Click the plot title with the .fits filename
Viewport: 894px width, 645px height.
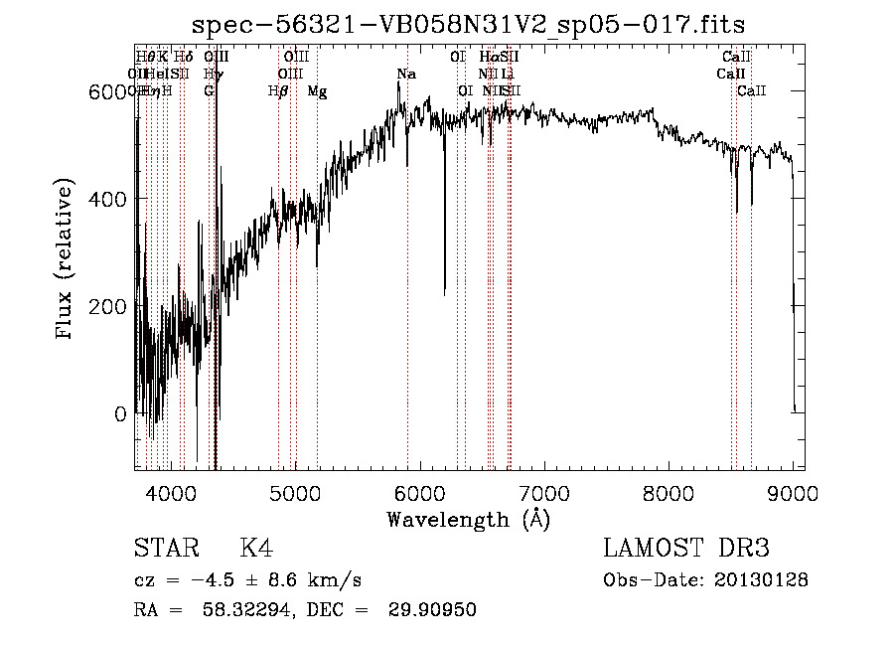[469, 24]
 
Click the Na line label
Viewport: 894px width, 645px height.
[406, 75]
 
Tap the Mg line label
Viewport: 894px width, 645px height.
[317, 91]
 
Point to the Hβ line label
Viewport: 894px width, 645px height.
[278, 91]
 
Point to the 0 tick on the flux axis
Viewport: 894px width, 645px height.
[121, 413]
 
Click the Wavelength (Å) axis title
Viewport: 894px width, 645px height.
[469, 519]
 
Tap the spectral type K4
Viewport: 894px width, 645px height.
[256, 550]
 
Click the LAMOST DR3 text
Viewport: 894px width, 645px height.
[686, 550]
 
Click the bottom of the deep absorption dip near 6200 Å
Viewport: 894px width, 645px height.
[444, 291]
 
